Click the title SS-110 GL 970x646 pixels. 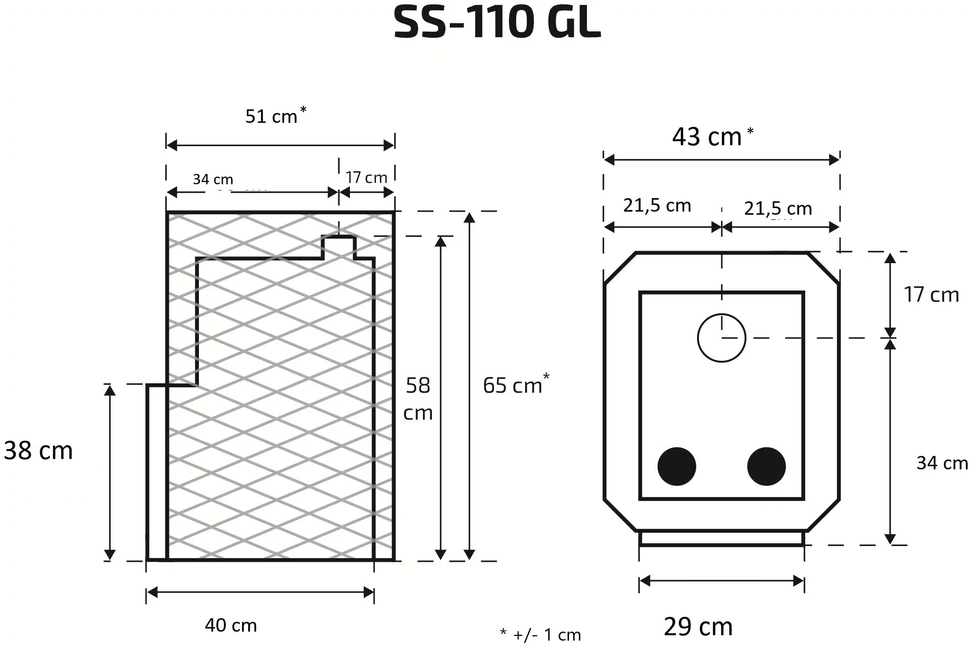497,22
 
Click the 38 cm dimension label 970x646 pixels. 38,450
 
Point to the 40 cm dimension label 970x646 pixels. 231,625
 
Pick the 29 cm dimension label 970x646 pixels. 698,626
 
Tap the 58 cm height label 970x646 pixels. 418,399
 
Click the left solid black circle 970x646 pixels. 677,466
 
